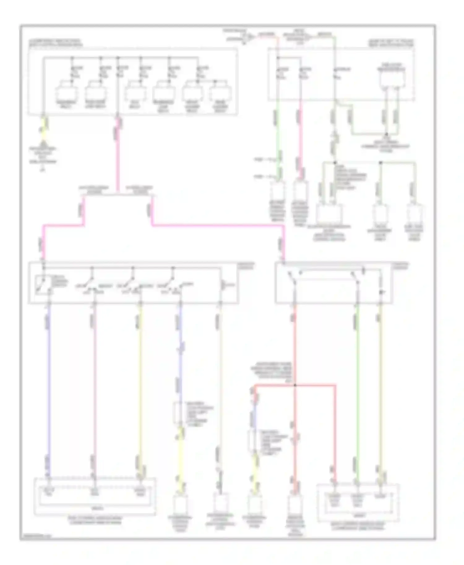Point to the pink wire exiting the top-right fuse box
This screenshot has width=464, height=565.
pos(300,130)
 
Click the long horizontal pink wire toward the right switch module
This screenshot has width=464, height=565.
pos(217,226)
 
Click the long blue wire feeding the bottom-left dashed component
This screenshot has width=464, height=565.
pos(48,386)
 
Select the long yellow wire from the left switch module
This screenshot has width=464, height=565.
pos(140,386)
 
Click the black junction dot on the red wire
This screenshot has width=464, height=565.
pos(295,385)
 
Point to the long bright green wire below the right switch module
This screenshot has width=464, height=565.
pos(357,386)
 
